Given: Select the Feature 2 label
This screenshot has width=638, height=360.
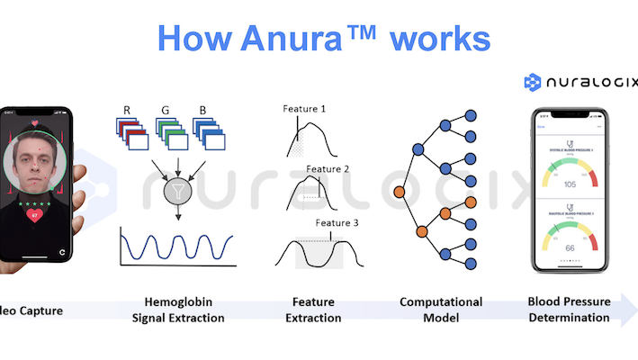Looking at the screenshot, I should pos(327,167).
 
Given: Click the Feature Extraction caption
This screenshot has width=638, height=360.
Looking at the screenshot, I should pos(317,310).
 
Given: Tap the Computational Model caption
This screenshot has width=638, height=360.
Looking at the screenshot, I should pos(441,310).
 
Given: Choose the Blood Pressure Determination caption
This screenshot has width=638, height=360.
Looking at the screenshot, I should pos(568,310).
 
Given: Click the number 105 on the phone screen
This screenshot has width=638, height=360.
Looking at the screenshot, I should pos(569,184).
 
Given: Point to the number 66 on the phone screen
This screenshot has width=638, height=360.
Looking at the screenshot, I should pos(569,246).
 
